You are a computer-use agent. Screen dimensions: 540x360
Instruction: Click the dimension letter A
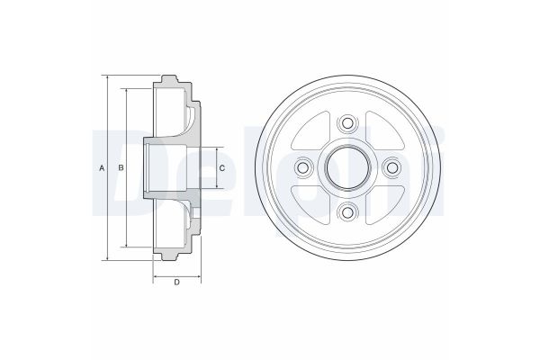(x=102, y=168)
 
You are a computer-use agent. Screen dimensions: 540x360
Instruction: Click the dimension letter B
(x=121, y=168)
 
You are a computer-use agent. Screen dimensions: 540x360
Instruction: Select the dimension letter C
(x=222, y=168)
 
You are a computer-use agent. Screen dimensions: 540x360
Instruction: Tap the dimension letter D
(x=176, y=283)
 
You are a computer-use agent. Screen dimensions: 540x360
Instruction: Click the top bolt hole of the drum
(x=347, y=123)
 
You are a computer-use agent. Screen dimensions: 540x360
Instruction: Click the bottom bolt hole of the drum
(x=347, y=212)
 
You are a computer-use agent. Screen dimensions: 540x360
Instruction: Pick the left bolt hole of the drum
(x=303, y=167)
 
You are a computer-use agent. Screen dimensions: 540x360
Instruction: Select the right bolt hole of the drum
(x=392, y=167)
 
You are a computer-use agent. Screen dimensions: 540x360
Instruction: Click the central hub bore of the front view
(x=347, y=167)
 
